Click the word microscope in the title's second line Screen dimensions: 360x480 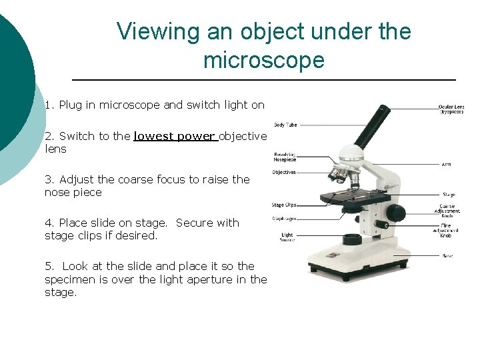(263, 61)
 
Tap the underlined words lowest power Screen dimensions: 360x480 (174, 136)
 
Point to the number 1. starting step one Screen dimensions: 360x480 (50, 105)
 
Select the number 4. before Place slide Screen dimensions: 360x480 (50, 223)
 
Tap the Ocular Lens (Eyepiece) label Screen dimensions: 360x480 (451, 109)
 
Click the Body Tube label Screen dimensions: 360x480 (285, 125)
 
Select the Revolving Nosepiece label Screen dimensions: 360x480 (285, 157)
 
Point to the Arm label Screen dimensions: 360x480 (446, 163)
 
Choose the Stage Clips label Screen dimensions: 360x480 (284, 205)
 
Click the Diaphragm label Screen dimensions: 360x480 (284, 218)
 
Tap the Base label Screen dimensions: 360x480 (447, 255)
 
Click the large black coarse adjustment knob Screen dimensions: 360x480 (396, 213)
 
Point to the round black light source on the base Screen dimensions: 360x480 (351, 239)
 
